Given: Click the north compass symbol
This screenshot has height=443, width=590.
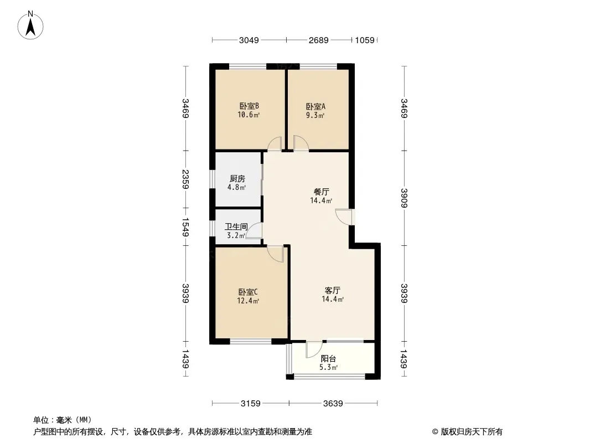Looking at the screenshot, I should tap(32, 25).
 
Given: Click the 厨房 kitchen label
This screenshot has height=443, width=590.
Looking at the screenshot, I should tap(237, 179).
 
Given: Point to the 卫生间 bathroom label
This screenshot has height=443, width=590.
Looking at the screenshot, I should tap(235, 226).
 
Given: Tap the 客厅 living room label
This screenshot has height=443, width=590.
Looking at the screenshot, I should tap(332, 290).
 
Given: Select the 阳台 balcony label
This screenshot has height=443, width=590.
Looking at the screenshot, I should tap(329, 358).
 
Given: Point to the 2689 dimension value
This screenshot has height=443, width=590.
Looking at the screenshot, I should tap(319, 40).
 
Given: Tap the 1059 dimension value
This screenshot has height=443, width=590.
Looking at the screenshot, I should tap(365, 40).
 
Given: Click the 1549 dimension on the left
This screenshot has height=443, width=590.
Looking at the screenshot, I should tap(186, 226).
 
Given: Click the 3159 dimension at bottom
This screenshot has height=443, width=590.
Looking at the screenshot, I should tap(251, 403).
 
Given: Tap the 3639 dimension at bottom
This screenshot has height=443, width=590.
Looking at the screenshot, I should tap(333, 403).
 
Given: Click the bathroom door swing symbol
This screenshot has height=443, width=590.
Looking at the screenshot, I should tap(254, 231).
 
